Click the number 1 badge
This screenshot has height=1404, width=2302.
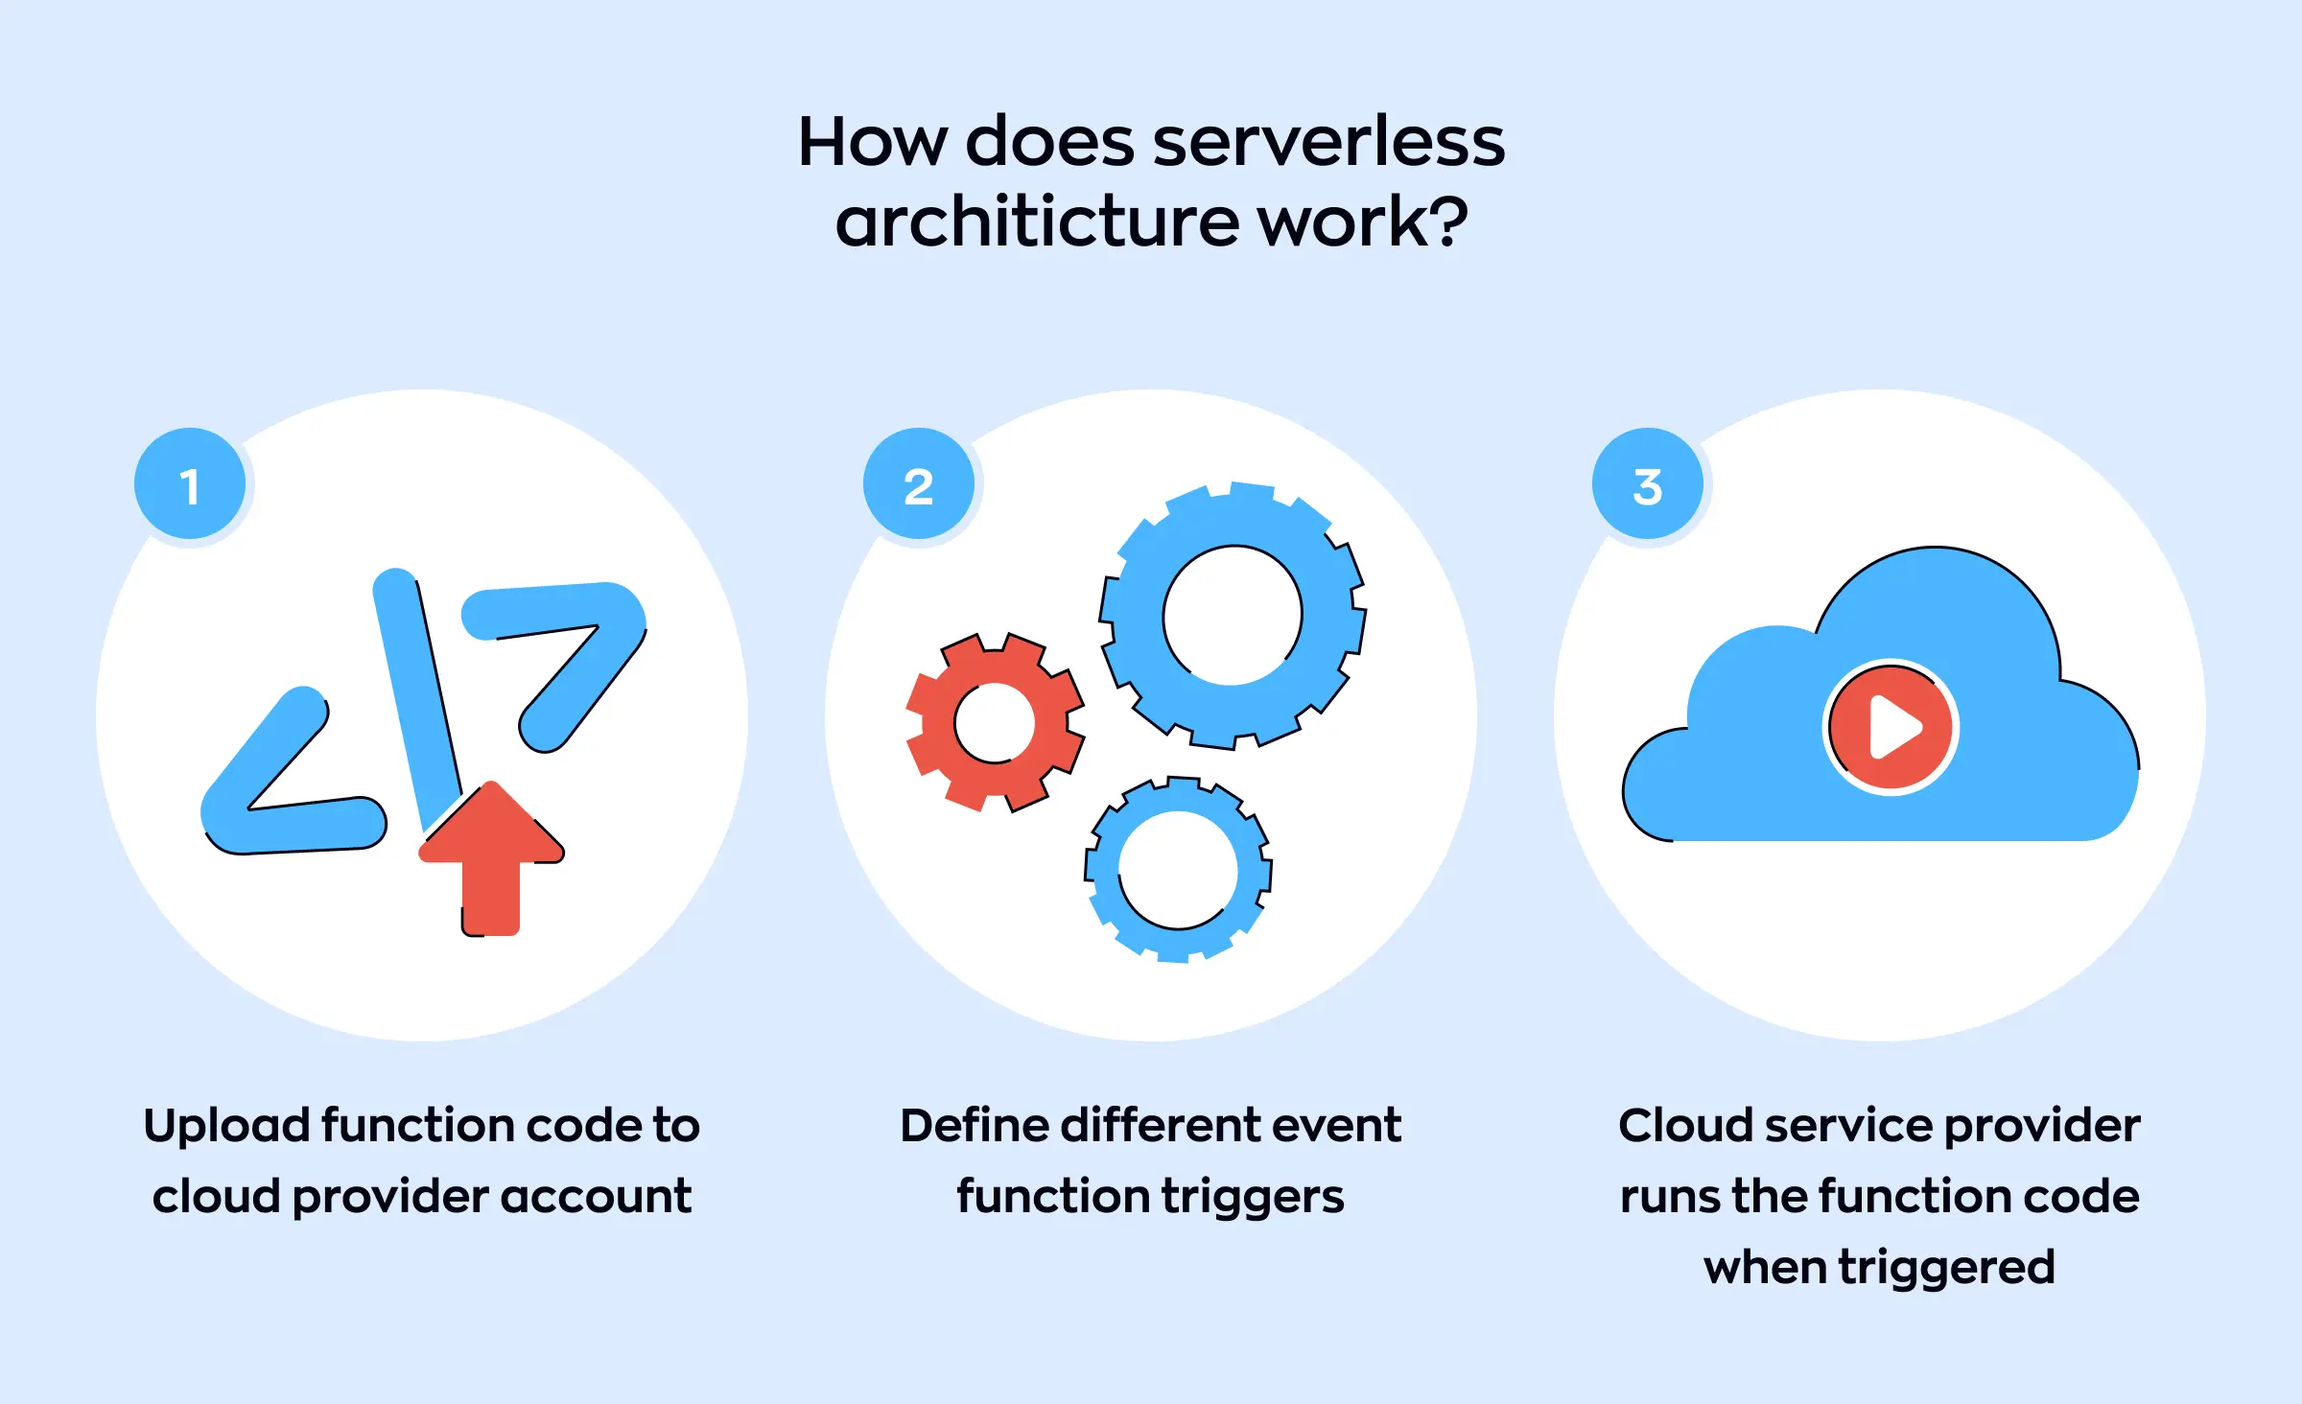(190, 484)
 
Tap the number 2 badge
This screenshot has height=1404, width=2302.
(919, 484)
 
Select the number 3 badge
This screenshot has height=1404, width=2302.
(1648, 484)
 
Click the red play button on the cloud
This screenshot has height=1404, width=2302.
(1891, 727)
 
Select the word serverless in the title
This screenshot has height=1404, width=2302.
(1328, 142)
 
